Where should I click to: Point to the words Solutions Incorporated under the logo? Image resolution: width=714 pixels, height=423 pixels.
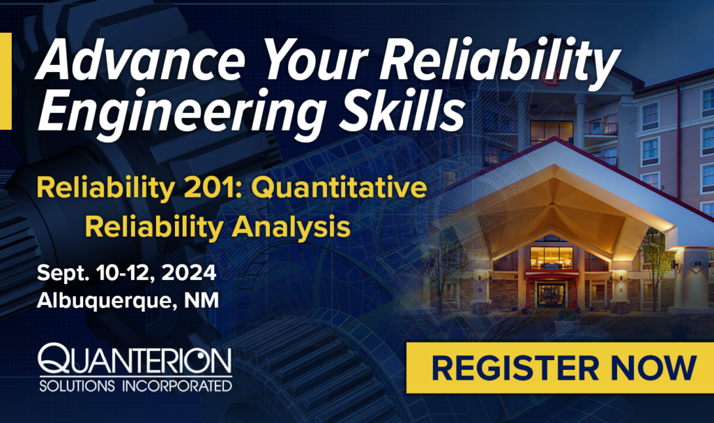click(x=135, y=385)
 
